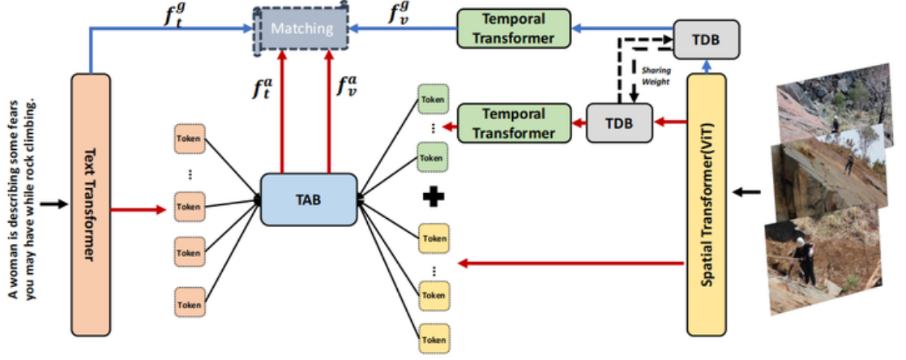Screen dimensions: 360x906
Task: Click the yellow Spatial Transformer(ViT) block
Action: (x=708, y=203)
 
